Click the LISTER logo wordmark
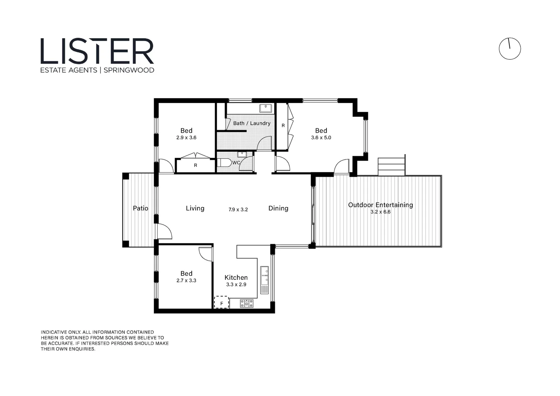pos(97,51)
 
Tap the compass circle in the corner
pos(509,48)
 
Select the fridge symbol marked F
pos(221,303)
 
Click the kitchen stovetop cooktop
pos(247,303)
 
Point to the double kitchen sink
pos(264,276)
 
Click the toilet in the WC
pos(224,162)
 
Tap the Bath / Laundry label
pos(252,123)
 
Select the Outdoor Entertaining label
pos(380,205)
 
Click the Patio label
pos(140,208)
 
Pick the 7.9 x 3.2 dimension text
pos(238,210)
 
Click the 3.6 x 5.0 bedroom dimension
pos(321,138)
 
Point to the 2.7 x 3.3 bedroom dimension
pos(186,280)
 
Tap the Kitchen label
pos(236,278)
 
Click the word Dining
pos(278,208)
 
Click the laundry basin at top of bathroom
pos(265,108)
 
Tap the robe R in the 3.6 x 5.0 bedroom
pos(283,125)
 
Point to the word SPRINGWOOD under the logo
pos(129,70)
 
